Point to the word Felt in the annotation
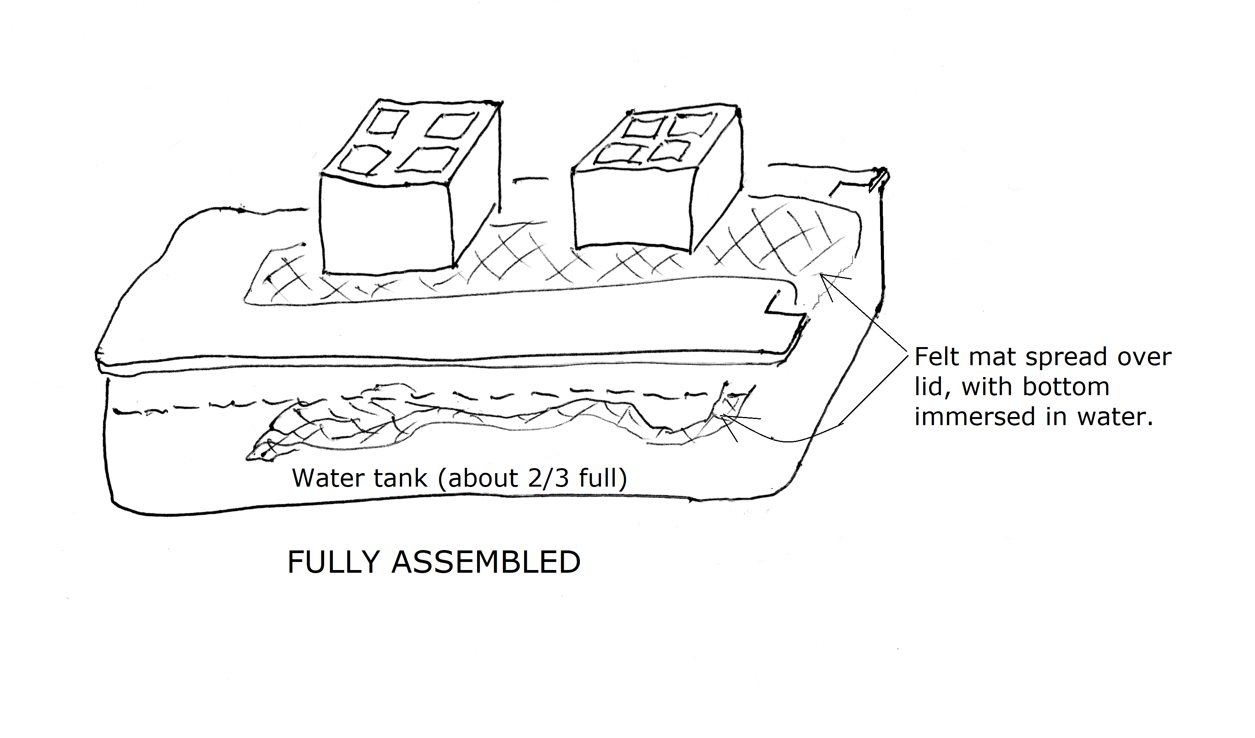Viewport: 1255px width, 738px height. (936, 357)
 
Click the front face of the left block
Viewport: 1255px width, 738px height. (386, 226)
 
